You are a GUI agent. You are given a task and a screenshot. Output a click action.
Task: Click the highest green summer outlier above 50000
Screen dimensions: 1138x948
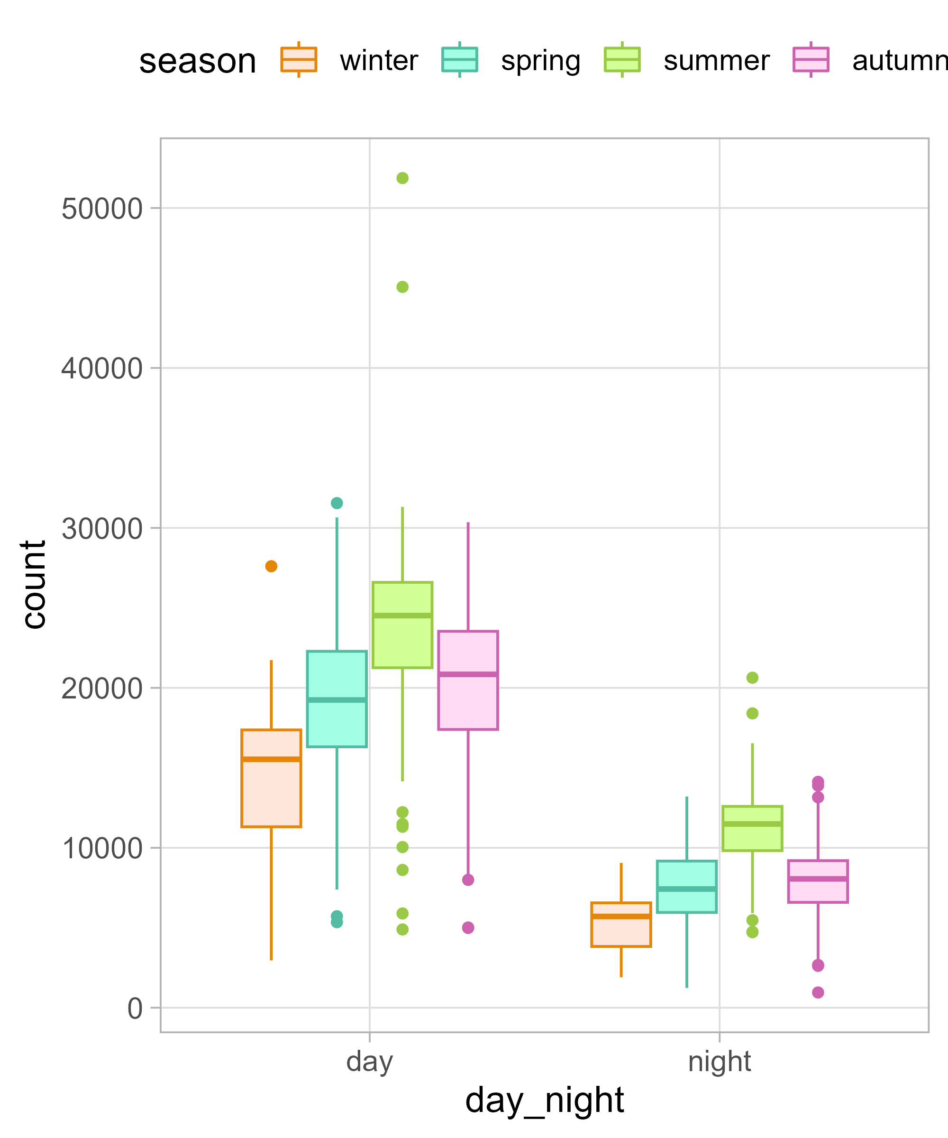(x=402, y=178)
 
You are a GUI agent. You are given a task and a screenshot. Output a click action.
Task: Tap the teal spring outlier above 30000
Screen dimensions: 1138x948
(x=337, y=504)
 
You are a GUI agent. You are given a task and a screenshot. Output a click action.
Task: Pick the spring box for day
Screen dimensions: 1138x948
(x=337, y=699)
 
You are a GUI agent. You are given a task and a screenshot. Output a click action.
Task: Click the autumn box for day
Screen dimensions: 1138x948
(x=468, y=680)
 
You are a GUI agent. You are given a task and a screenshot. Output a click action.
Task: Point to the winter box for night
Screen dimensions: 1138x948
(x=621, y=925)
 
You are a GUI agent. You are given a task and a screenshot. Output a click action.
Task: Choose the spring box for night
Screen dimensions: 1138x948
(x=686, y=887)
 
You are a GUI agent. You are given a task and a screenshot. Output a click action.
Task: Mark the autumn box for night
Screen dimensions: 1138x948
(x=818, y=881)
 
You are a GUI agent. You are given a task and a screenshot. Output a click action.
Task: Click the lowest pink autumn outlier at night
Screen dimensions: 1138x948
(x=818, y=992)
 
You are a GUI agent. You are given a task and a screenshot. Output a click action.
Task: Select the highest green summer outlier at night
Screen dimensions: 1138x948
(x=752, y=678)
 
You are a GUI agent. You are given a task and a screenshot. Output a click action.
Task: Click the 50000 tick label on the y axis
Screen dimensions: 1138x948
(x=102, y=209)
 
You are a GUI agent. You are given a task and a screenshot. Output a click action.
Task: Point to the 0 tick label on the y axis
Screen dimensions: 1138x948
(x=135, y=1009)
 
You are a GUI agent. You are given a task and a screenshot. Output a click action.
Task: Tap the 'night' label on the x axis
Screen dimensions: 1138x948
(x=719, y=1062)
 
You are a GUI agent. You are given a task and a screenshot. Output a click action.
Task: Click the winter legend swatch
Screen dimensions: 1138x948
(x=299, y=60)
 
